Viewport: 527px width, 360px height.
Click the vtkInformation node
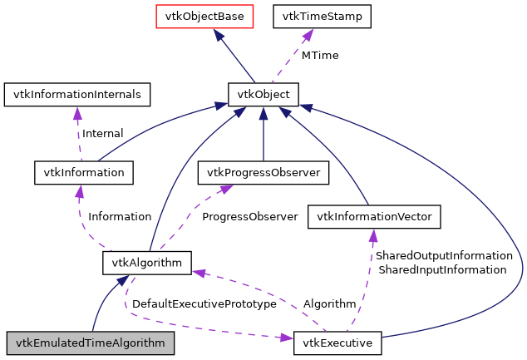(83, 172)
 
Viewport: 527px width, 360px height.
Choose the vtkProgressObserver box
(263, 172)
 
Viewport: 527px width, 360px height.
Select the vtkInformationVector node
(373, 218)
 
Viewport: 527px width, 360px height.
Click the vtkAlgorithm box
(147, 263)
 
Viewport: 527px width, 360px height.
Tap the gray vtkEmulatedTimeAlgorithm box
(91, 343)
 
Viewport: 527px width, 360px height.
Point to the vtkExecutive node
(337, 343)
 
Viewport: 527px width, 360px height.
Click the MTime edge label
(320, 55)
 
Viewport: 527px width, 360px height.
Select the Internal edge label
(101, 133)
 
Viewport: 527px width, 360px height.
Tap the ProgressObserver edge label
(249, 216)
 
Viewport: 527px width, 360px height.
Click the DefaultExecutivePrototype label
(204, 304)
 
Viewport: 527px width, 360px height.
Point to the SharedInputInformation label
(441, 269)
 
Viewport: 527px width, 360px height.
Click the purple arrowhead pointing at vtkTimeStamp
(308, 34)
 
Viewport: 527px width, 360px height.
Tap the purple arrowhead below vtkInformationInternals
(77, 113)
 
